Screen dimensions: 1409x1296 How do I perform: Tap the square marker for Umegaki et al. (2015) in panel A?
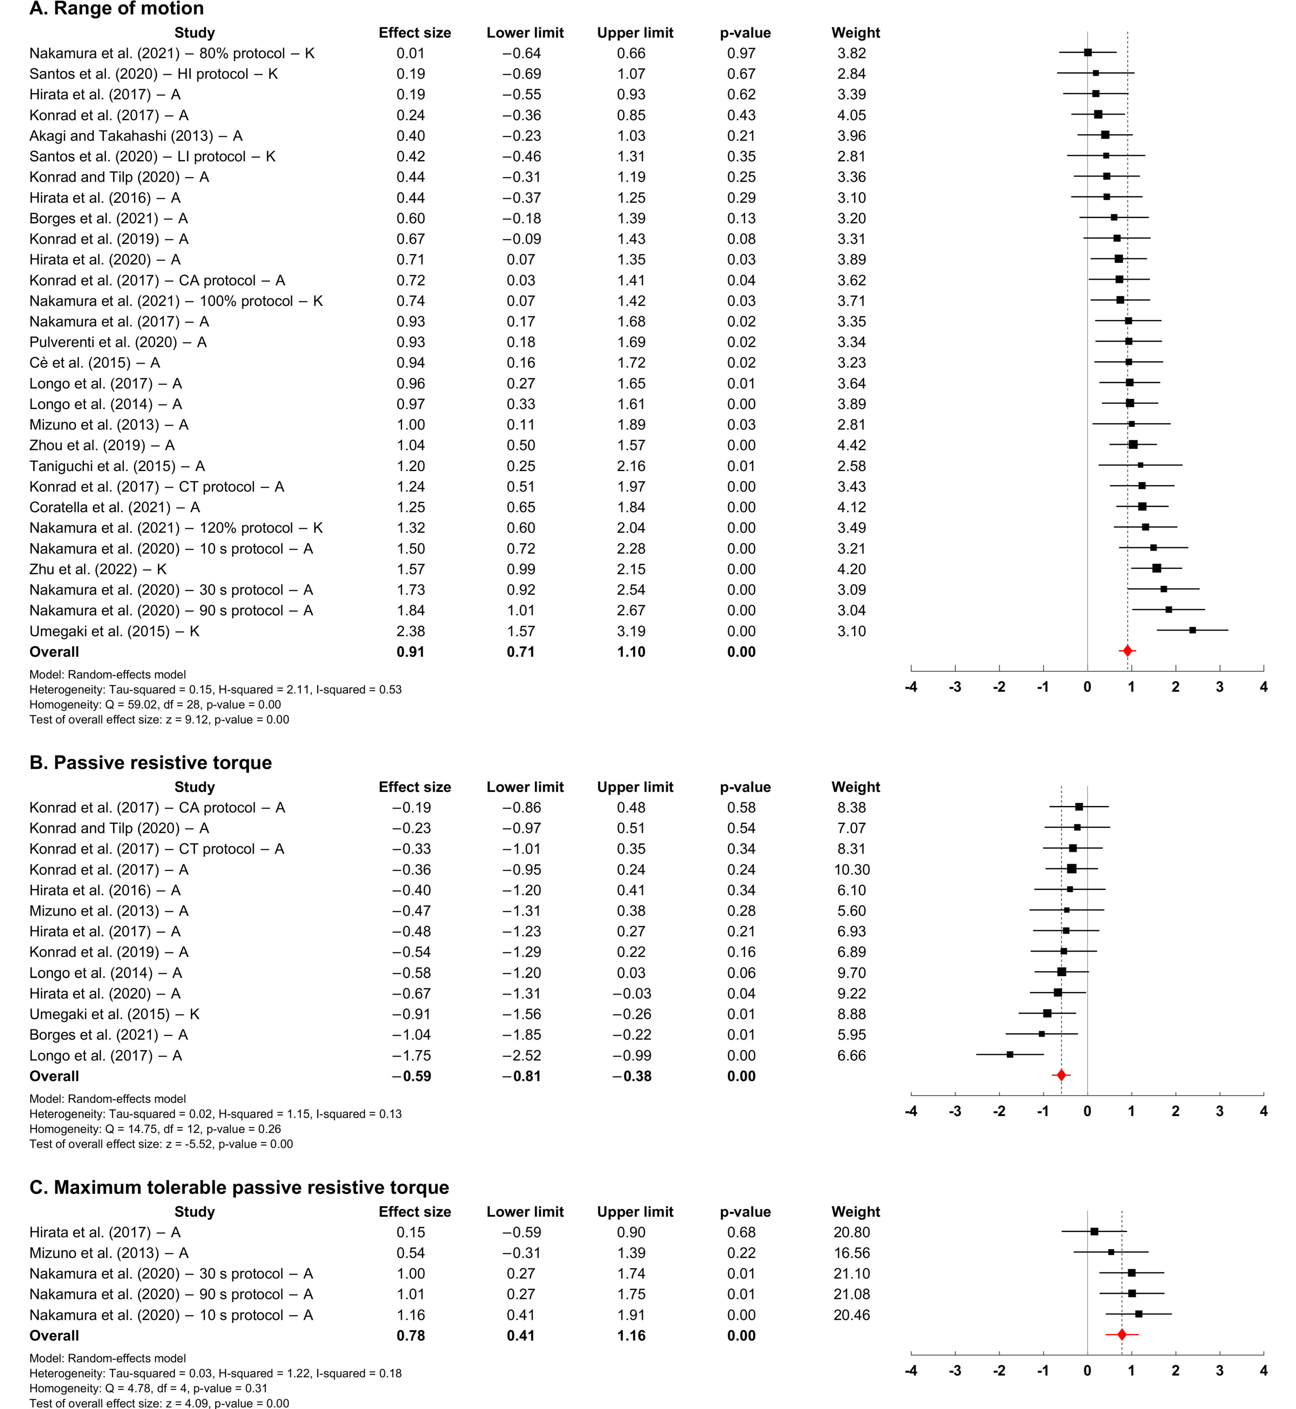(x=1192, y=630)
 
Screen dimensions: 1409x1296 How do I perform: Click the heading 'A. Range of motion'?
(x=116, y=9)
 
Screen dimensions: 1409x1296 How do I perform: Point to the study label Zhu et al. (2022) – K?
(x=98, y=569)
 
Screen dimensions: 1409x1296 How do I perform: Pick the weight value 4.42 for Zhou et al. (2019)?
(x=851, y=445)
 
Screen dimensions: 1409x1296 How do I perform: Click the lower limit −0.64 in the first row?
(x=521, y=53)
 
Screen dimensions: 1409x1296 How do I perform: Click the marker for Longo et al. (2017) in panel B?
(x=1010, y=1055)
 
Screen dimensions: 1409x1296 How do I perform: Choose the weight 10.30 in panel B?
(x=851, y=869)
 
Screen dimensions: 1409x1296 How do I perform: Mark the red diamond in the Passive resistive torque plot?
(x=1061, y=1075)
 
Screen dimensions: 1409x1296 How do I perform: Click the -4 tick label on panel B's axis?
(x=911, y=1111)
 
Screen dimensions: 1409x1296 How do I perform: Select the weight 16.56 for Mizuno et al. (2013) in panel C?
(x=851, y=1253)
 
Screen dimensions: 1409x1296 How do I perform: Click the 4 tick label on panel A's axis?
(x=1263, y=687)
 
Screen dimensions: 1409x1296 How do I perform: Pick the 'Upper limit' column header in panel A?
(x=635, y=33)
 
